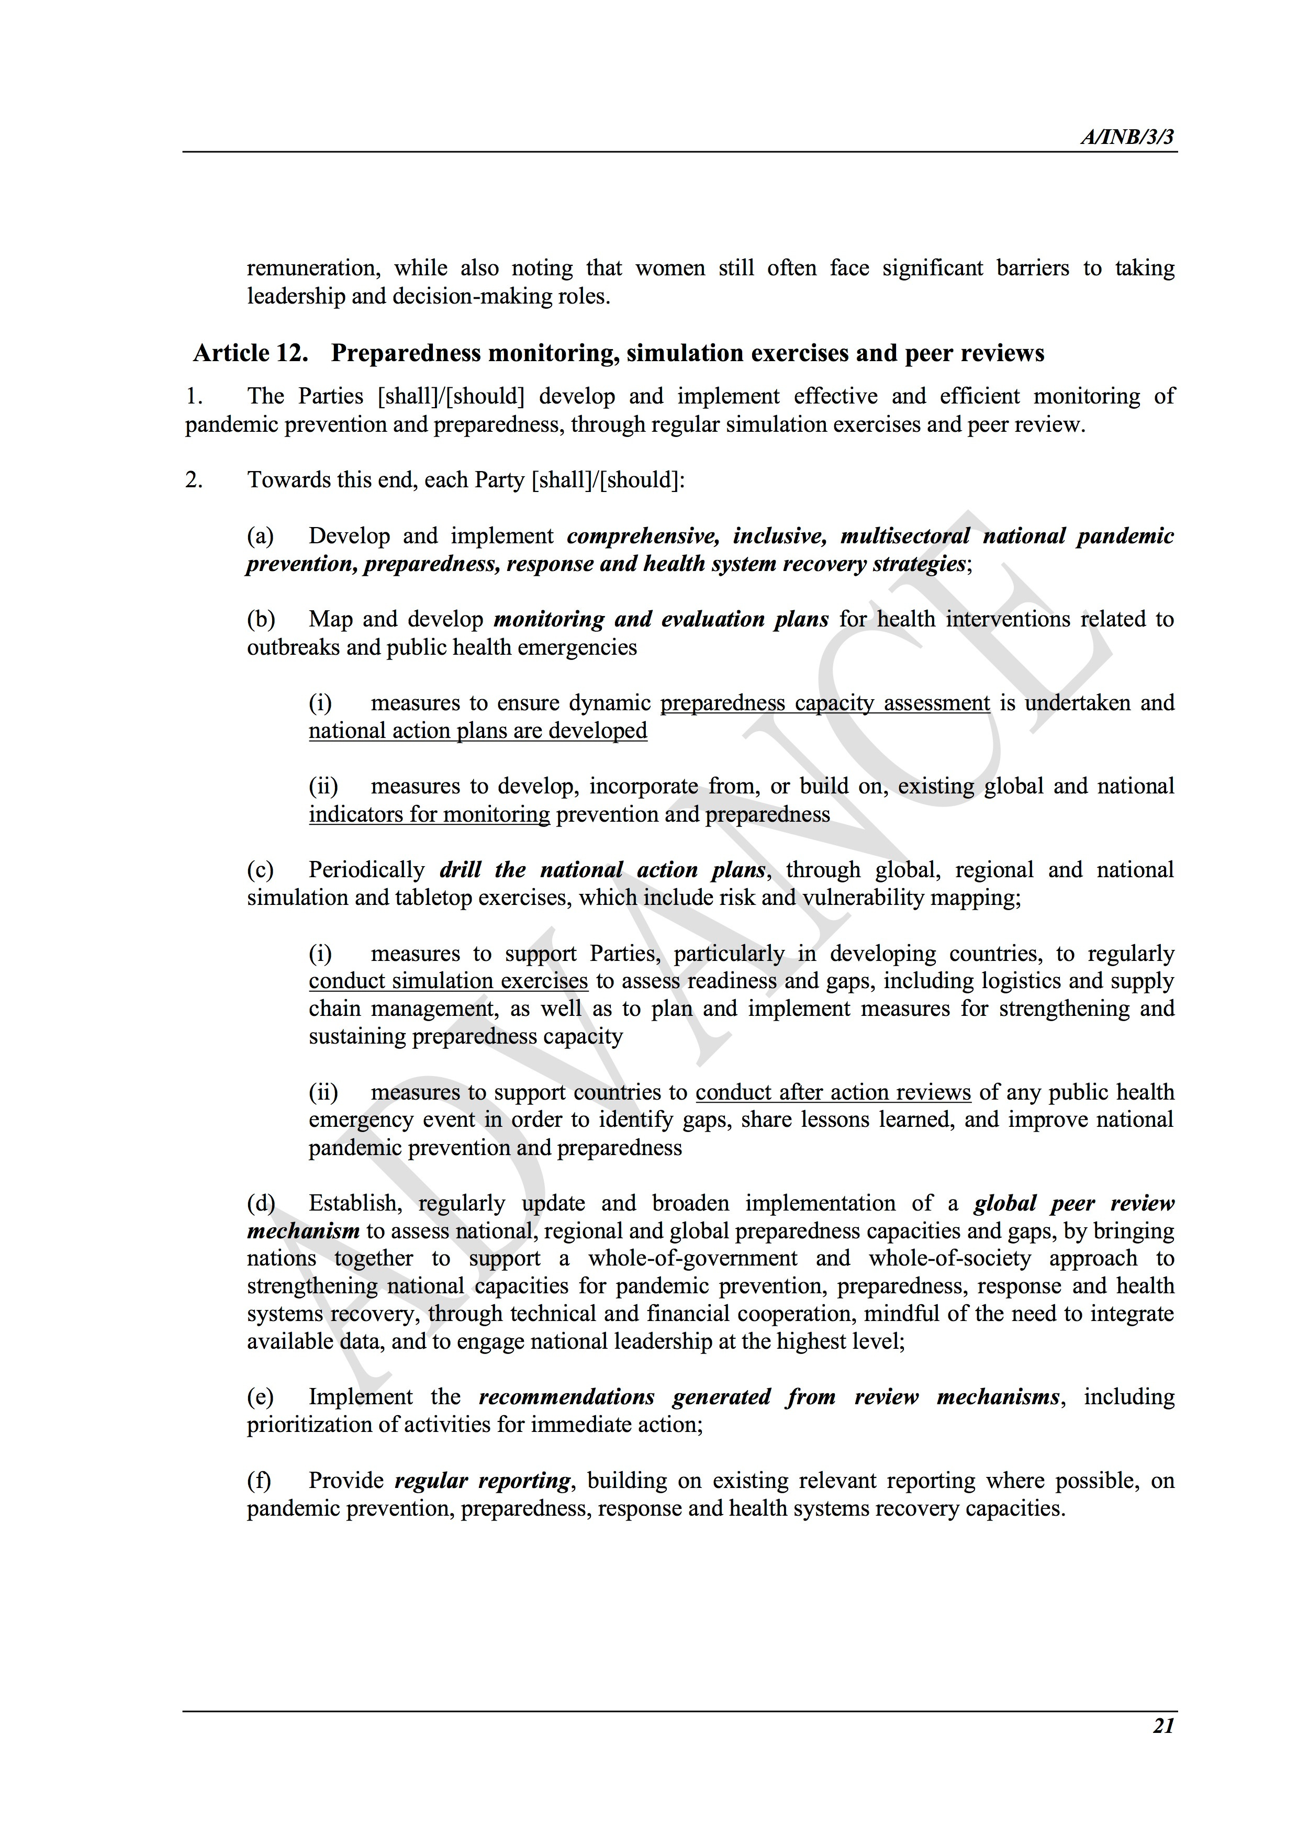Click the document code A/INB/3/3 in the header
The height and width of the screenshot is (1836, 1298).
coord(1127,138)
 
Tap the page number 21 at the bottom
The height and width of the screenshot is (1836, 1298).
coord(1163,1725)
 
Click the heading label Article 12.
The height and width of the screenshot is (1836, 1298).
coord(250,353)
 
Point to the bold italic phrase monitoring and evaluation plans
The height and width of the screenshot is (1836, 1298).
coord(661,619)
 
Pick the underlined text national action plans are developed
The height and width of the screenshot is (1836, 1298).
coord(477,731)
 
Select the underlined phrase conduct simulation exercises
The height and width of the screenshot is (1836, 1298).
coord(448,981)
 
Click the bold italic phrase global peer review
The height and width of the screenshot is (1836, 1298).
coord(1073,1203)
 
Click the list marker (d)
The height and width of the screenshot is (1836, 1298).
coord(261,1203)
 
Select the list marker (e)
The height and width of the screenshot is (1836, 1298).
coord(261,1397)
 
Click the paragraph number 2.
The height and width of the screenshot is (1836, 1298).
coord(194,480)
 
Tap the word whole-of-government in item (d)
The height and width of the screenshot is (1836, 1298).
coord(692,1259)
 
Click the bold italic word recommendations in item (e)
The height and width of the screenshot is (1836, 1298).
coord(566,1397)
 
